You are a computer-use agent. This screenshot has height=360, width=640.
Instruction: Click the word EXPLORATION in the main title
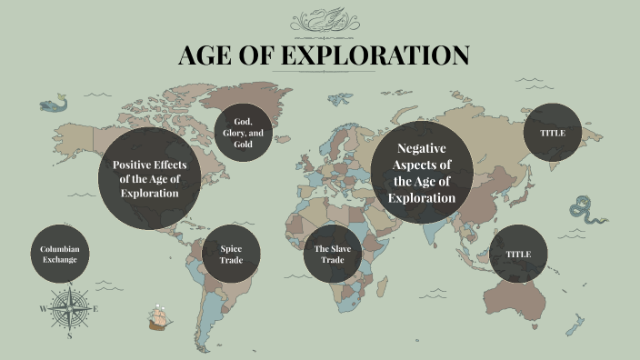point(375,55)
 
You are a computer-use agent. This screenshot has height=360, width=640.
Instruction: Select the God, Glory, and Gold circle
point(243,133)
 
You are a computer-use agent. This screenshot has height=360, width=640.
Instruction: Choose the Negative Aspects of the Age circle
point(421,172)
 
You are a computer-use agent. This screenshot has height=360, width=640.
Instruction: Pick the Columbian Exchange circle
point(59,254)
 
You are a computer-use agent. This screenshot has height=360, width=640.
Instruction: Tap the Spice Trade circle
point(231,254)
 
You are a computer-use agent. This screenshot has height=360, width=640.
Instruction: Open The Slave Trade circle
point(333,254)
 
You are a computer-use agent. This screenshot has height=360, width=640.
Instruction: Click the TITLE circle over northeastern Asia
point(553,133)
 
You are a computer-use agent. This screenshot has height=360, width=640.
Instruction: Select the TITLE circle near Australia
point(518,254)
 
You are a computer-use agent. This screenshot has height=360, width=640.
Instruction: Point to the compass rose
point(69,309)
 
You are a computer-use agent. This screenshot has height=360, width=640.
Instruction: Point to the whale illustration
point(51,105)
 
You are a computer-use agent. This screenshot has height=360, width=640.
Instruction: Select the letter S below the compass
point(69,335)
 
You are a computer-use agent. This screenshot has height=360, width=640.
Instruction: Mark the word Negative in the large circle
point(421,148)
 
